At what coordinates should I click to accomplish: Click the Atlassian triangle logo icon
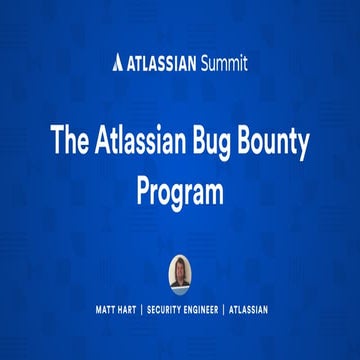[x=119, y=64]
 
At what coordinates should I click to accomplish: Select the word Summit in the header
[x=222, y=64]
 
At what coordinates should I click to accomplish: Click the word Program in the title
[x=180, y=192]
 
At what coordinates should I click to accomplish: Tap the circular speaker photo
[x=180, y=272]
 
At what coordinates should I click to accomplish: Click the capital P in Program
[x=142, y=191]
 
